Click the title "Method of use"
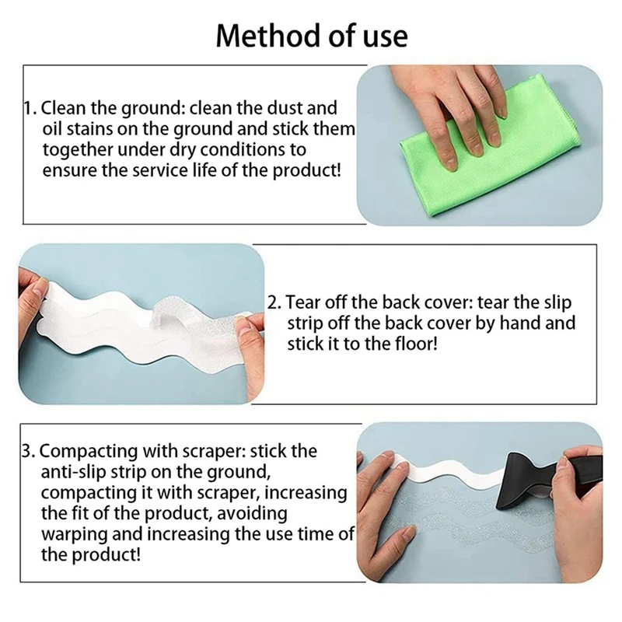(x=311, y=36)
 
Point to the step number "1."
(x=28, y=107)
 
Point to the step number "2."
(x=275, y=302)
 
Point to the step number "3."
(x=28, y=451)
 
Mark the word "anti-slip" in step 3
(x=74, y=472)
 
